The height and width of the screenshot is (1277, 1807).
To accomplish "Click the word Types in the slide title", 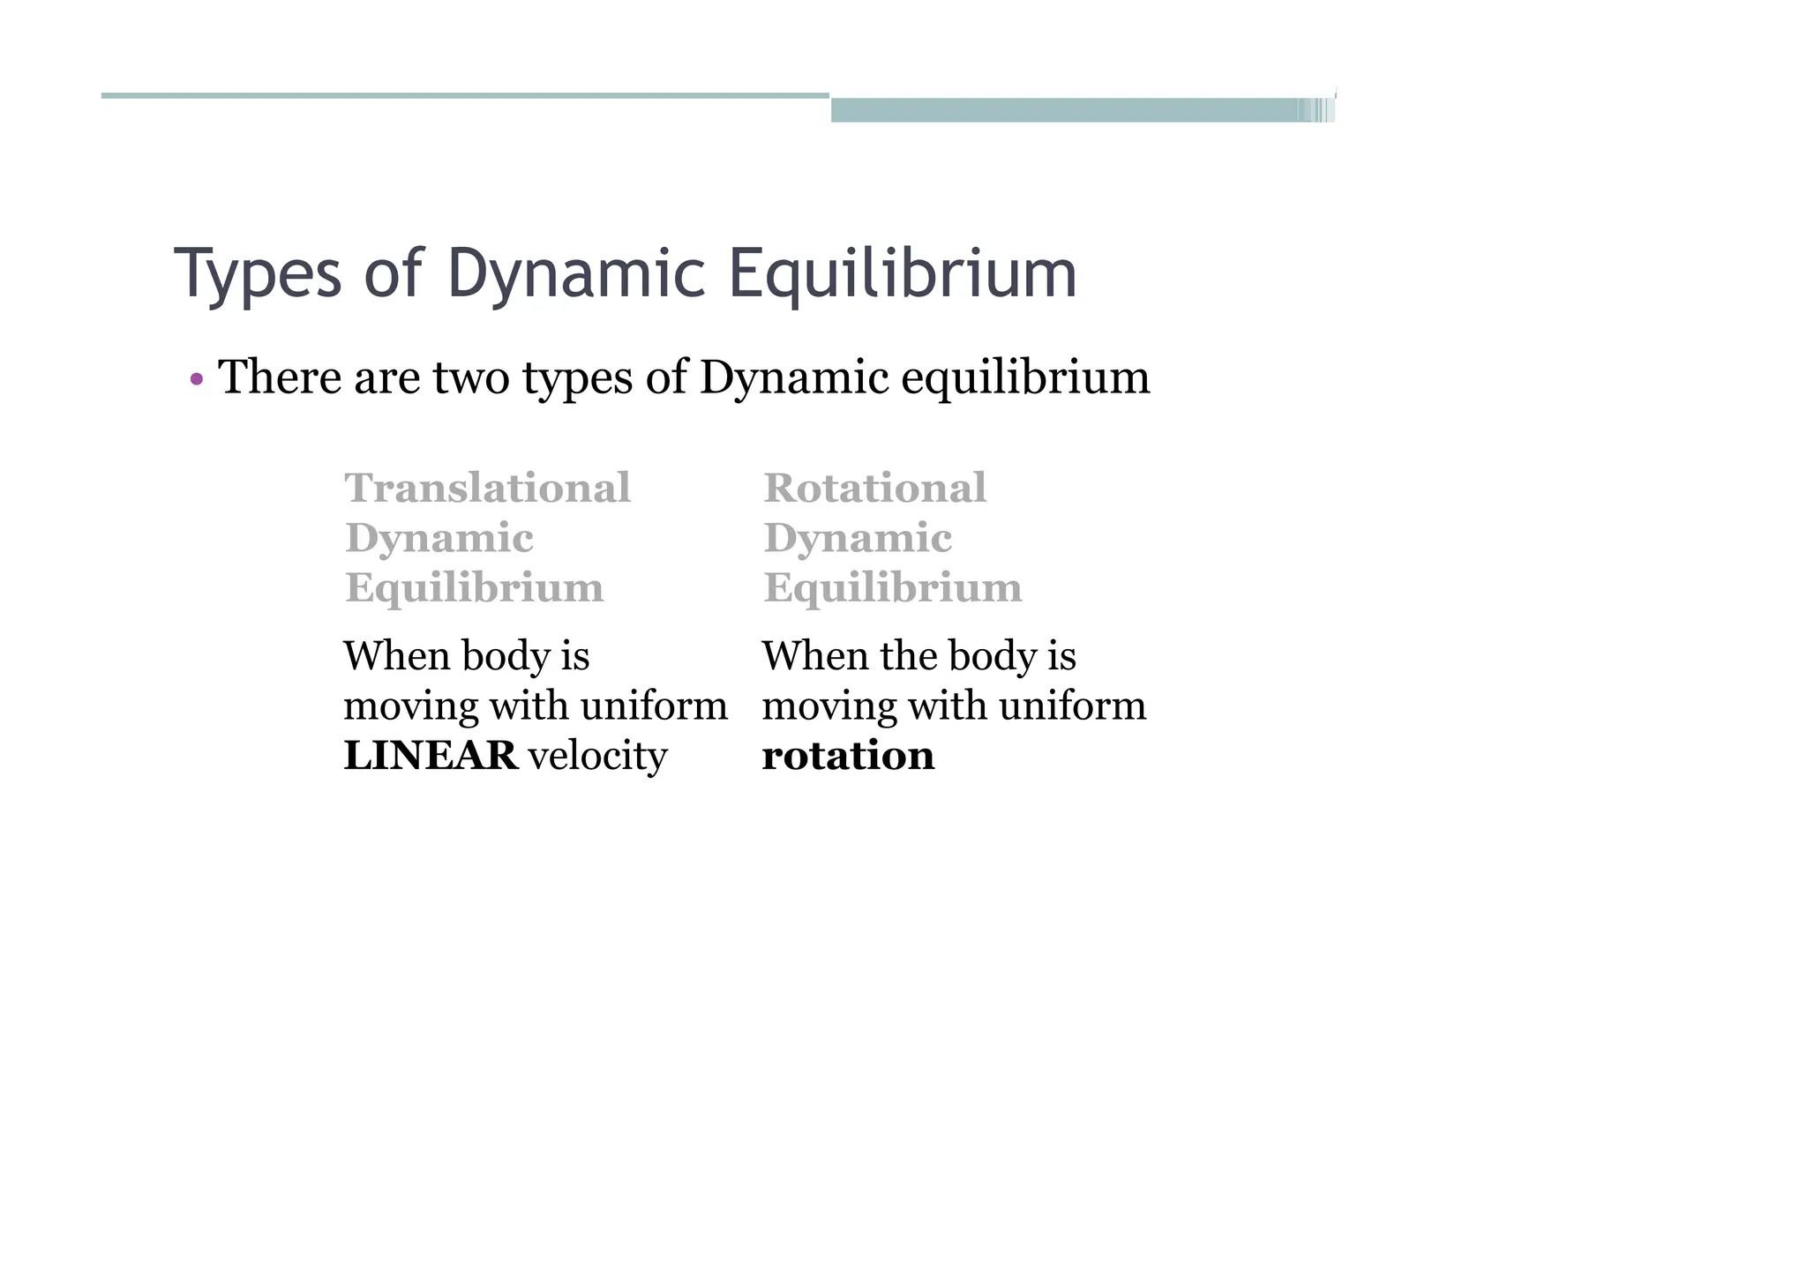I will [x=258, y=274].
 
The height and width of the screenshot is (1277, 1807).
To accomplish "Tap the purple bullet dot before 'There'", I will [x=197, y=381].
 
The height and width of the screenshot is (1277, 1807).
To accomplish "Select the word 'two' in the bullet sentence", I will [x=471, y=378].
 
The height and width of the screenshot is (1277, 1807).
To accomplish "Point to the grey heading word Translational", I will [x=488, y=489].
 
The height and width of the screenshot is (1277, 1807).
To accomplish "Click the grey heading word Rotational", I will [x=874, y=489].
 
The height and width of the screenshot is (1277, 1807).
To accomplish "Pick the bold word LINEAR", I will [x=431, y=756].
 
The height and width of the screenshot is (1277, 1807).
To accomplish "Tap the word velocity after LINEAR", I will [x=597, y=758].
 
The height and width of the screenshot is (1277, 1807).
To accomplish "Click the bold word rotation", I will [x=848, y=756].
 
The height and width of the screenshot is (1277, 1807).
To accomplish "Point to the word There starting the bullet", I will [x=280, y=378].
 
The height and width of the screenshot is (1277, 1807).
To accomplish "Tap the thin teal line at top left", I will [x=465, y=95].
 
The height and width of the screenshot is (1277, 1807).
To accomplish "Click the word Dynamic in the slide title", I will [x=576, y=274].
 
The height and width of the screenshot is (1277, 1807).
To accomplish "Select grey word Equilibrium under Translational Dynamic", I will [x=475, y=588].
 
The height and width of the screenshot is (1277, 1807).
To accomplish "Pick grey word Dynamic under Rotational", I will [x=858, y=539].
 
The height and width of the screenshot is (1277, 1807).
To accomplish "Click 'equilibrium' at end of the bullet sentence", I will [x=1025, y=378].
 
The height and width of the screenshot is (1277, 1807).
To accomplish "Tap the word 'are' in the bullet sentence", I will [x=386, y=378].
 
